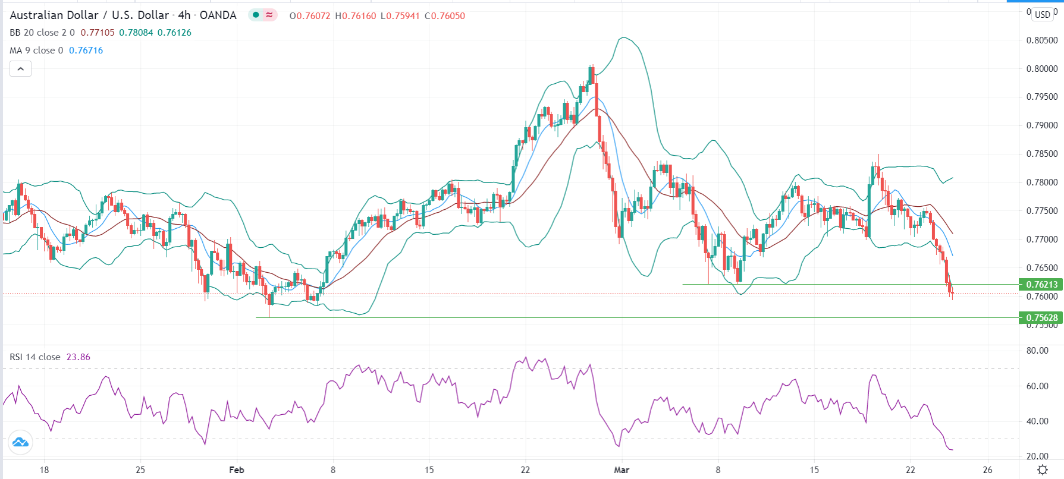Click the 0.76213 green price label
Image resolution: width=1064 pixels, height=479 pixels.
(1040, 285)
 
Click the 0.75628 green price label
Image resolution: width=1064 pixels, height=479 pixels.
(1040, 318)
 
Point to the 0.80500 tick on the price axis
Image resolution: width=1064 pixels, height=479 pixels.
(1041, 40)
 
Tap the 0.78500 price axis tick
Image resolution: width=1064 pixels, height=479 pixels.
(1041, 154)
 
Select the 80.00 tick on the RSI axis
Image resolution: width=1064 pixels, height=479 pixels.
(1037, 351)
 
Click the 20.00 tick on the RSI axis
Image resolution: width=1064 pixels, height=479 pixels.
(1037, 456)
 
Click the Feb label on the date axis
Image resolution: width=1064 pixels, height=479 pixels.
(236, 470)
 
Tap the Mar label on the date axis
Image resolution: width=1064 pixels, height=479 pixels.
(622, 470)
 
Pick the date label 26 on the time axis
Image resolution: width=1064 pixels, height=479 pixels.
(988, 470)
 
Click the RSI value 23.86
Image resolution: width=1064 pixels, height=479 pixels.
(79, 357)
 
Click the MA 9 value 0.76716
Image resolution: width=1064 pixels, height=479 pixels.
(86, 51)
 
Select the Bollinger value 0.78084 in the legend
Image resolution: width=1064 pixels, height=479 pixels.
(136, 33)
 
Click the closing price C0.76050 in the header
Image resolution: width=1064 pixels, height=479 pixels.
(445, 16)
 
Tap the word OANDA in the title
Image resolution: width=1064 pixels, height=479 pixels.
(218, 15)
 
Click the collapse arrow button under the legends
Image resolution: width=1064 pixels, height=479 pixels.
(20, 69)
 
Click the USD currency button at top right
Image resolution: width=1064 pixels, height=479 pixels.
(1042, 14)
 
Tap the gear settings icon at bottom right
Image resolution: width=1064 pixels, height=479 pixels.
(1042, 470)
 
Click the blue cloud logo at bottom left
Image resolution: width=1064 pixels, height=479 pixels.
(20, 443)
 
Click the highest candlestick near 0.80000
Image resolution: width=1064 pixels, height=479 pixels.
(591, 74)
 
